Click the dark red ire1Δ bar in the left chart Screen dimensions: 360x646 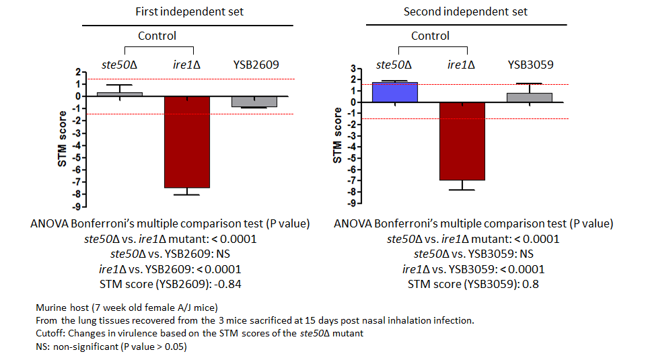(x=186, y=141)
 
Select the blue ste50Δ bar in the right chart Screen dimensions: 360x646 (x=395, y=92)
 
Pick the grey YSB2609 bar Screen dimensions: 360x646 (x=254, y=101)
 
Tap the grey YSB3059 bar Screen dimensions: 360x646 (x=530, y=98)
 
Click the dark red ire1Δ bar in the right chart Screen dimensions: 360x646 (x=462, y=141)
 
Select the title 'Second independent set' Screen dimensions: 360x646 (x=465, y=11)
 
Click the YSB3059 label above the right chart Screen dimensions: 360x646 (x=530, y=65)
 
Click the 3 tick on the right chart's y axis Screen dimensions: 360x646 (x=352, y=68)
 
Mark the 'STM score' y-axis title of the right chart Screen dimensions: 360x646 (x=338, y=135)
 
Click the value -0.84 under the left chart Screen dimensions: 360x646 (x=227, y=284)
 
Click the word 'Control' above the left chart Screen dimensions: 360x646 (x=157, y=36)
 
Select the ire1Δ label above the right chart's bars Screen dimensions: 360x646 (x=462, y=65)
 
